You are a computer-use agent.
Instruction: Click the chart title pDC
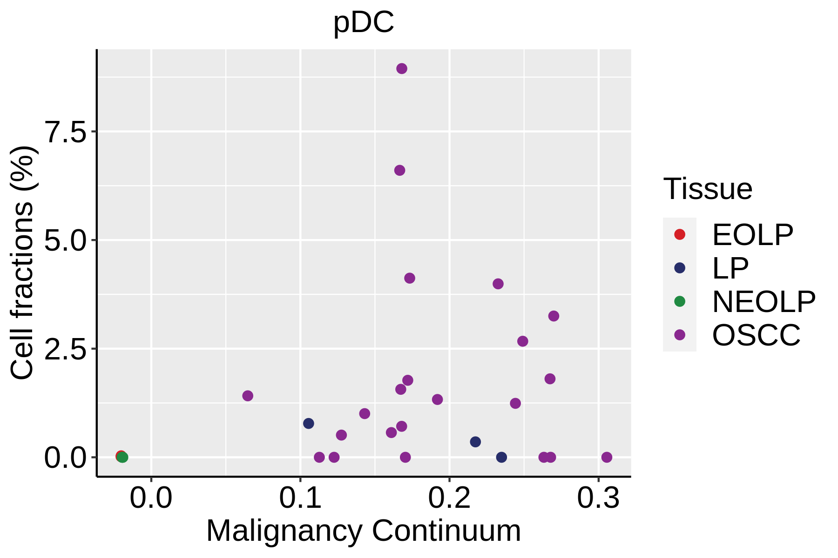pyautogui.click(x=364, y=22)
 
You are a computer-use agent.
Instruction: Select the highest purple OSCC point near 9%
pyautogui.click(x=402, y=69)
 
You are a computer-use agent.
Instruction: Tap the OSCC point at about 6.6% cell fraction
pyautogui.click(x=399, y=171)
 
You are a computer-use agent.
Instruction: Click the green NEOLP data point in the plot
pyautogui.click(x=123, y=458)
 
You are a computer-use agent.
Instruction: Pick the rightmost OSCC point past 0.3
pyautogui.click(x=607, y=457)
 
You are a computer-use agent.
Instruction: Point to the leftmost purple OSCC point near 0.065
pyautogui.click(x=248, y=396)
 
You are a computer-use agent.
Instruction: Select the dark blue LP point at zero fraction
pyautogui.click(x=501, y=457)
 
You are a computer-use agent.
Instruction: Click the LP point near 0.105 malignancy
pyautogui.click(x=309, y=424)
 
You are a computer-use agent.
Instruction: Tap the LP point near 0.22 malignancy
pyautogui.click(x=475, y=442)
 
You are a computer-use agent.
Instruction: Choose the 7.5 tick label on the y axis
pyautogui.click(x=66, y=133)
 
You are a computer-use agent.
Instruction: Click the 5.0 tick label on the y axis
pyautogui.click(x=66, y=241)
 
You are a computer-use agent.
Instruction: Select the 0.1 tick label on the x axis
pyautogui.click(x=300, y=498)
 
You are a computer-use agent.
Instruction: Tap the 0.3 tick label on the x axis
pyautogui.click(x=598, y=498)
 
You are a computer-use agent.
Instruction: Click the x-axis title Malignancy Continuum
pyautogui.click(x=364, y=531)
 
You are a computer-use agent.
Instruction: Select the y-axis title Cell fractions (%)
pyautogui.click(x=22, y=263)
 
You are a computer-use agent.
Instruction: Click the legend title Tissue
pyautogui.click(x=708, y=189)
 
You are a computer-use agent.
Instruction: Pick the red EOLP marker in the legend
pyautogui.click(x=680, y=234)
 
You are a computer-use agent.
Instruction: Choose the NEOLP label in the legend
pyautogui.click(x=764, y=302)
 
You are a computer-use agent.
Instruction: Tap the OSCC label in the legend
pyautogui.click(x=756, y=335)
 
